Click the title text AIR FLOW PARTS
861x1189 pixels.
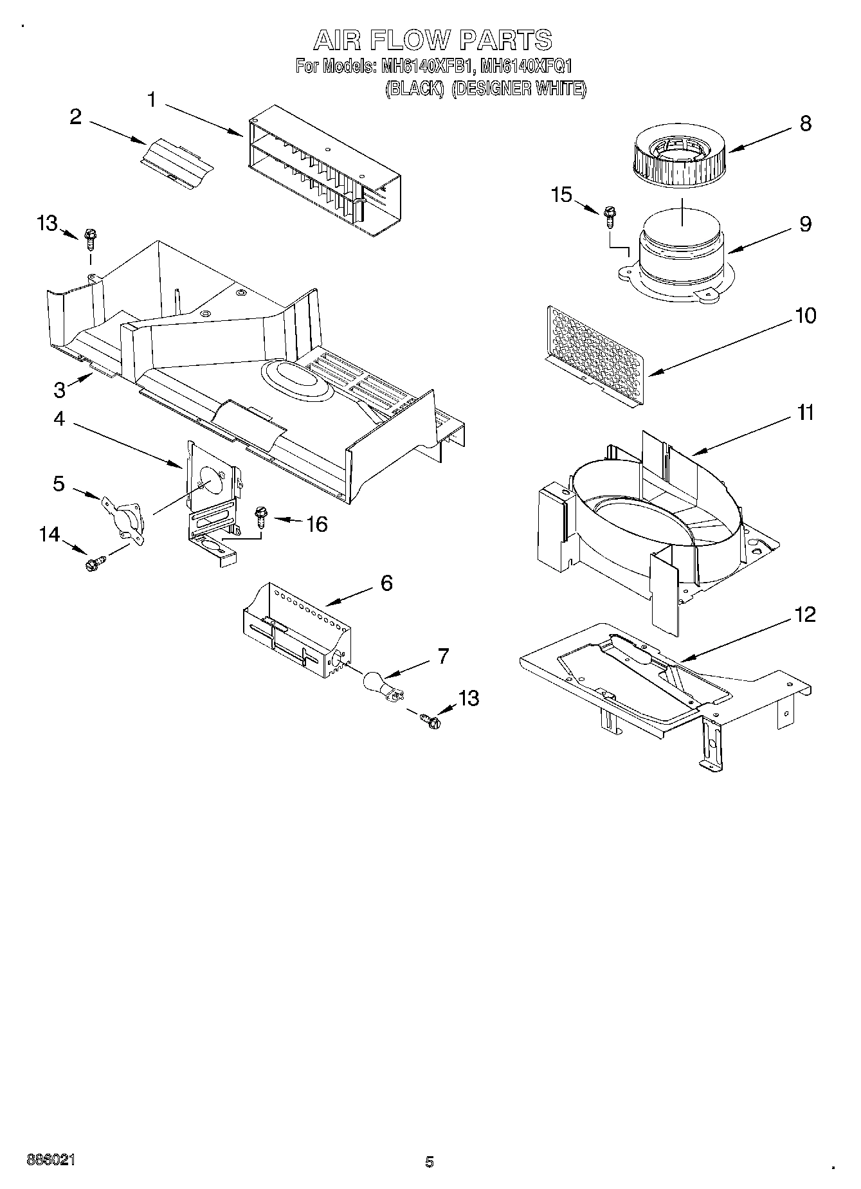point(432,40)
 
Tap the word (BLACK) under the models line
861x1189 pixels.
point(415,89)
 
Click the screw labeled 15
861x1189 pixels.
point(609,217)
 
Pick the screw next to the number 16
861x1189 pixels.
point(260,516)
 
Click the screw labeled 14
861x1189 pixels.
point(92,565)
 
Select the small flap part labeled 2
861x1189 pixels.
point(176,163)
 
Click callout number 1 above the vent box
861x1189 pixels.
point(152,100)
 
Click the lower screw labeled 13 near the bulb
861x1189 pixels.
point(431,720)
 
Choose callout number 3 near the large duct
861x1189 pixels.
point(59,390)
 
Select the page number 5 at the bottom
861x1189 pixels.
point(430,1161)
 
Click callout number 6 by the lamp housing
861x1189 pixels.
point(386,583)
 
